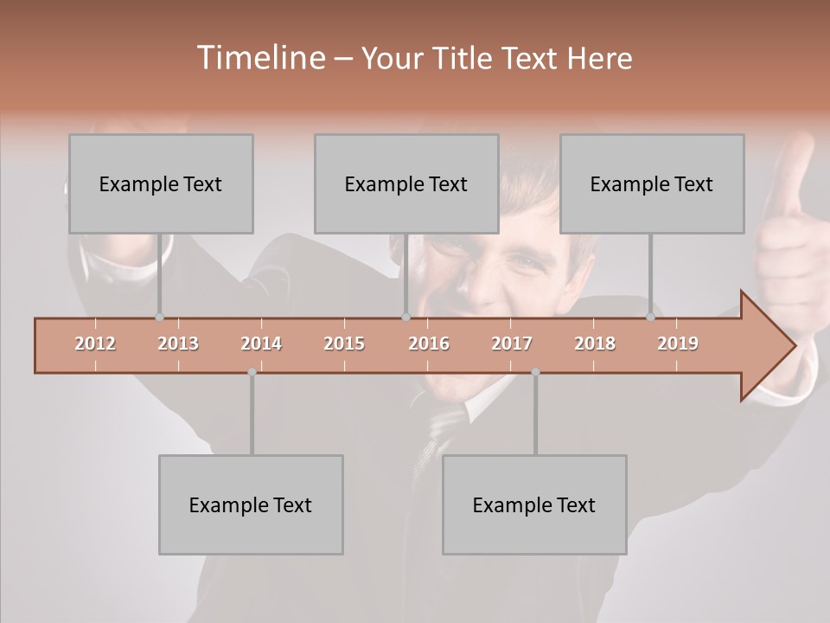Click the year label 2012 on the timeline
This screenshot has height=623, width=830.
(95, 344)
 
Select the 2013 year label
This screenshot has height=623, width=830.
(178, 344)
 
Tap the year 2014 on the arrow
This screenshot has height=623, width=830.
(261, 344)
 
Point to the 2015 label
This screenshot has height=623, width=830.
(344, 344)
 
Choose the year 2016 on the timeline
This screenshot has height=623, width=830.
(429, 344)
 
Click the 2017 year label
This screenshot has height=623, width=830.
(512, 344)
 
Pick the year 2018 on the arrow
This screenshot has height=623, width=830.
(595, 344)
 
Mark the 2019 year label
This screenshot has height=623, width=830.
(678, 344)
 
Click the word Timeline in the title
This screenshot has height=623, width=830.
(259, 58)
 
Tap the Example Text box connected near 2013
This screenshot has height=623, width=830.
(161, 183)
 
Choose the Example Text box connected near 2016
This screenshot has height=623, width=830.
(406, 183)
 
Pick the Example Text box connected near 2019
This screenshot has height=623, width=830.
(652, 183)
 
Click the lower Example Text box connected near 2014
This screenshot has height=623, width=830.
(251, 504)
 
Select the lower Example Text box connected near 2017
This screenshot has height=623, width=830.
(534, 504)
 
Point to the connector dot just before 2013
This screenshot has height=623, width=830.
(159, 318)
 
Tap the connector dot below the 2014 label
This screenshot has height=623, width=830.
(252, 372)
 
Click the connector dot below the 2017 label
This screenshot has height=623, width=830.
(535, 372)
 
